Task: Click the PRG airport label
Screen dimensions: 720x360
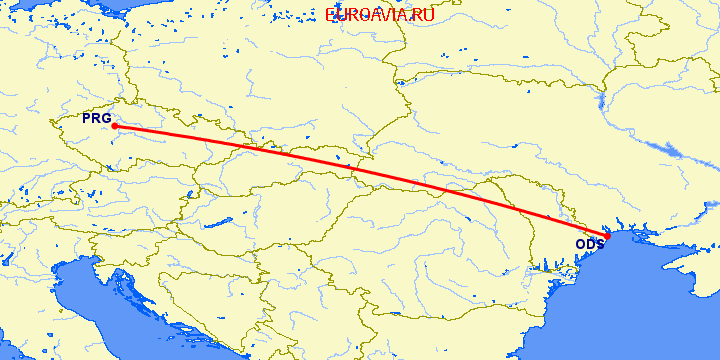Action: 97,119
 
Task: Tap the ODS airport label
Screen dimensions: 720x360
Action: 589,244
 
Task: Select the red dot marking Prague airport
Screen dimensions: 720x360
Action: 114,126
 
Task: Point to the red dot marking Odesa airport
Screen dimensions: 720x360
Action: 607,236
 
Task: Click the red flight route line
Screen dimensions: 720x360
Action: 360,180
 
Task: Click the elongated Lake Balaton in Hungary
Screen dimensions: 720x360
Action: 217,222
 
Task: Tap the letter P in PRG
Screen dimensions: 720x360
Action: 87,119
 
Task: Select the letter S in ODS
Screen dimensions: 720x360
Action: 599,244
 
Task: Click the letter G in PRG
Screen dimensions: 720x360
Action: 106,119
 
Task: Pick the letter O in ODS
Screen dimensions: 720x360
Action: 580,244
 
